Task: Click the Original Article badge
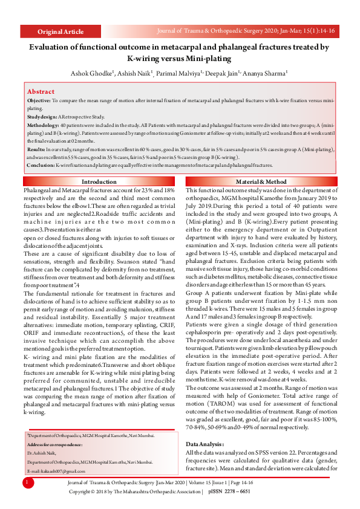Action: coord(61,31)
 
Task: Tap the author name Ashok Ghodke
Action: coord(91,73)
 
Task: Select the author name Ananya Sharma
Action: coord(265,73)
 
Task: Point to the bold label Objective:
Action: coord(39,101)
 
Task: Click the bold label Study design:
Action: coord(42,118)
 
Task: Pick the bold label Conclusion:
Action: coord(41,164)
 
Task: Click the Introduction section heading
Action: coord(99,182)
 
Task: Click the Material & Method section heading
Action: coord(261,182)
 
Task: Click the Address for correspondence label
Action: coord(58,444)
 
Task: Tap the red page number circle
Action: coord(28,482)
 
